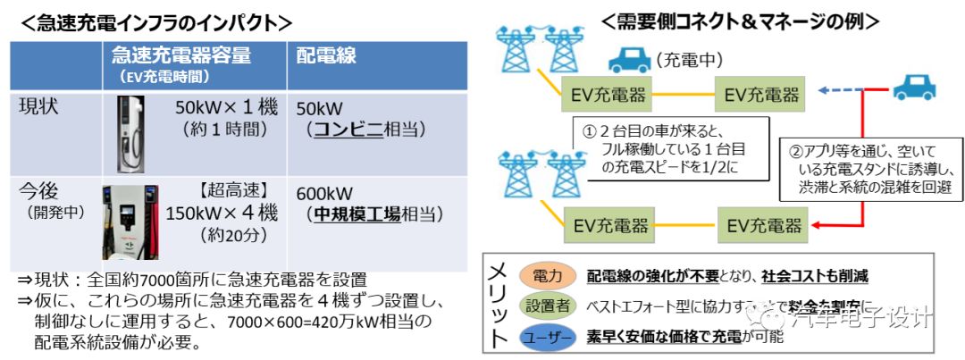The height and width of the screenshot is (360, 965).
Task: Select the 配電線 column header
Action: tap(326, 55)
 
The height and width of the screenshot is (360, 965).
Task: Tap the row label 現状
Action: tap(40, 107)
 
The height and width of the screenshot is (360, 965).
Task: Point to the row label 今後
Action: tap(40, 192)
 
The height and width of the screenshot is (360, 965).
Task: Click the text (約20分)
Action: tap(237, 237)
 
